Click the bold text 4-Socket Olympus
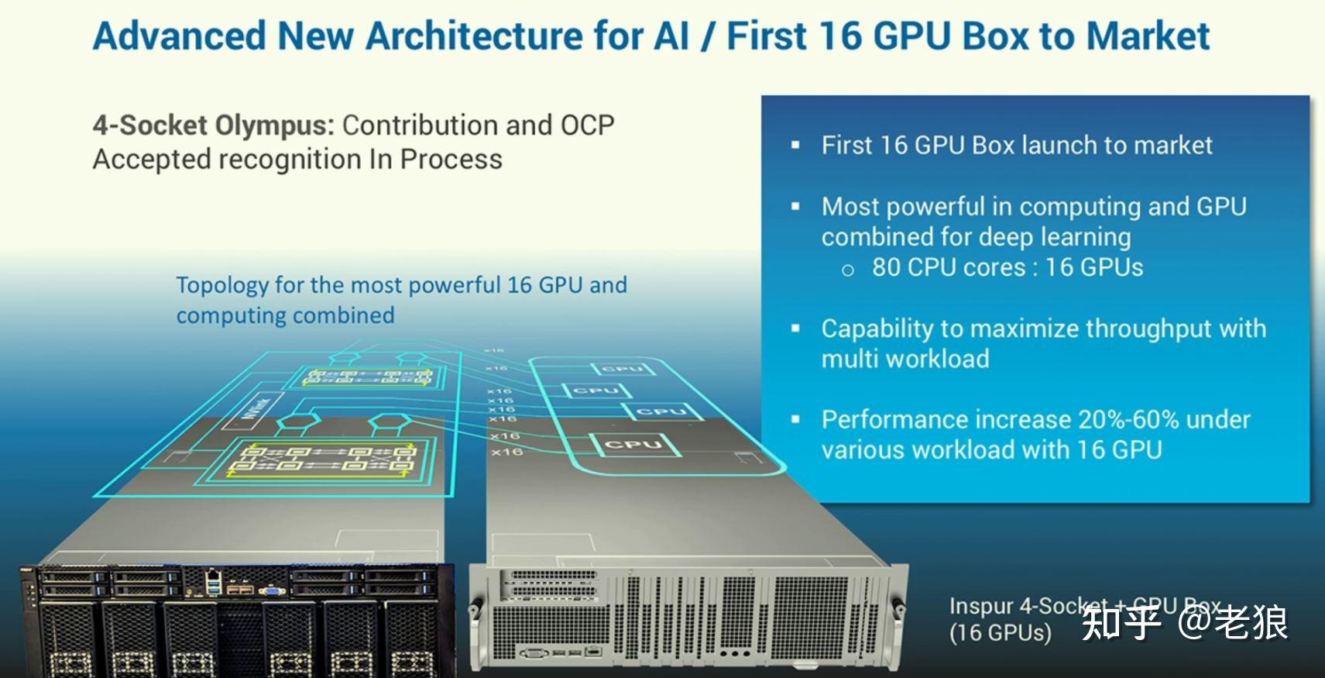pyautogui.click(x=213, y=126)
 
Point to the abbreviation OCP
pyautogui.click(x=587, y=126)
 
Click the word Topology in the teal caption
pyautogui.click(x=222, y=285)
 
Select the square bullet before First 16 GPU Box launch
pyautogui.click(x=795, y=145)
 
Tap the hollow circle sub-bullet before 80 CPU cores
pyautogui.click(x=848, y=270)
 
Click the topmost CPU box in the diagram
pyautogui.click(x=623, y=369)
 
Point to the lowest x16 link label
pyautogui.click(x=506, y=452)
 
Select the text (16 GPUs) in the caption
pyautogui.click(x=1000, y=632)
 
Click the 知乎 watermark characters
pyautogui.click(x=1121, y=622)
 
